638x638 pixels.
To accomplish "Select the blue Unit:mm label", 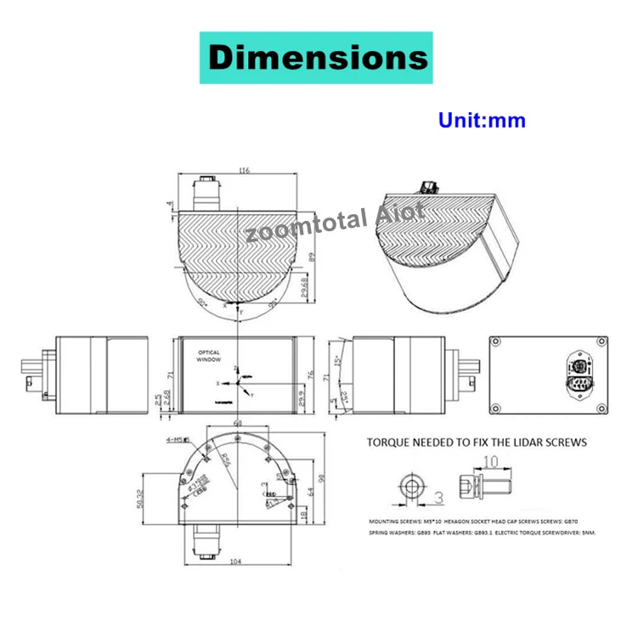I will [482, 120].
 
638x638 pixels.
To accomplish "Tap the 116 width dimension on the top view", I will [245, 171].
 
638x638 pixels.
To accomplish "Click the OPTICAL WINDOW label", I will [209, 355].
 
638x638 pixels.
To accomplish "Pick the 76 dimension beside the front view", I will [312, 375].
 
